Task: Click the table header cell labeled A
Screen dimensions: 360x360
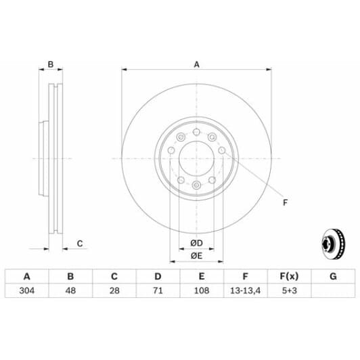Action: pos(27,276)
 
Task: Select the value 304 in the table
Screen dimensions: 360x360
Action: pos(27,291)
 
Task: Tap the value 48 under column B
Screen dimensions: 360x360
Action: pos(70,291)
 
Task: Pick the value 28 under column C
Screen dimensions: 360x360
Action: pos(114,291)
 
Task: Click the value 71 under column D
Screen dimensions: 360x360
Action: pos(158,291)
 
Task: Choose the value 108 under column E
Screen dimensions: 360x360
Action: pos(201,291)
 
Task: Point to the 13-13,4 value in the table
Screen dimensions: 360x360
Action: pos(244,291)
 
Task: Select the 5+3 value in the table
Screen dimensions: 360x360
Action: pos(288,291)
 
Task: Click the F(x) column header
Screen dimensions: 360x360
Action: pos(288,276)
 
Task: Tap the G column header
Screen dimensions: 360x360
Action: pos(332,276)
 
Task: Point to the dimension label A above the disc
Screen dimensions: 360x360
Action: pos(197,65)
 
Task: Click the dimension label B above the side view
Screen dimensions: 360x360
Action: pos(50,65)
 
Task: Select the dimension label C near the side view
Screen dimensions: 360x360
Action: pos(79,243)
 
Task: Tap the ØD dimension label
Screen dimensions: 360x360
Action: pos(196,243)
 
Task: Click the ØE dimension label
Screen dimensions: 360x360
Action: pos(196,255)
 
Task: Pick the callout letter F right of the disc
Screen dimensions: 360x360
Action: pos(284,202)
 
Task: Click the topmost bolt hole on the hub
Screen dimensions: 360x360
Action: pos(196,132)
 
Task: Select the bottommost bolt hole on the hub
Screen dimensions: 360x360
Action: pos(196,185)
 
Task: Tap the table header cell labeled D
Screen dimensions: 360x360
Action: pos(158,276)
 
